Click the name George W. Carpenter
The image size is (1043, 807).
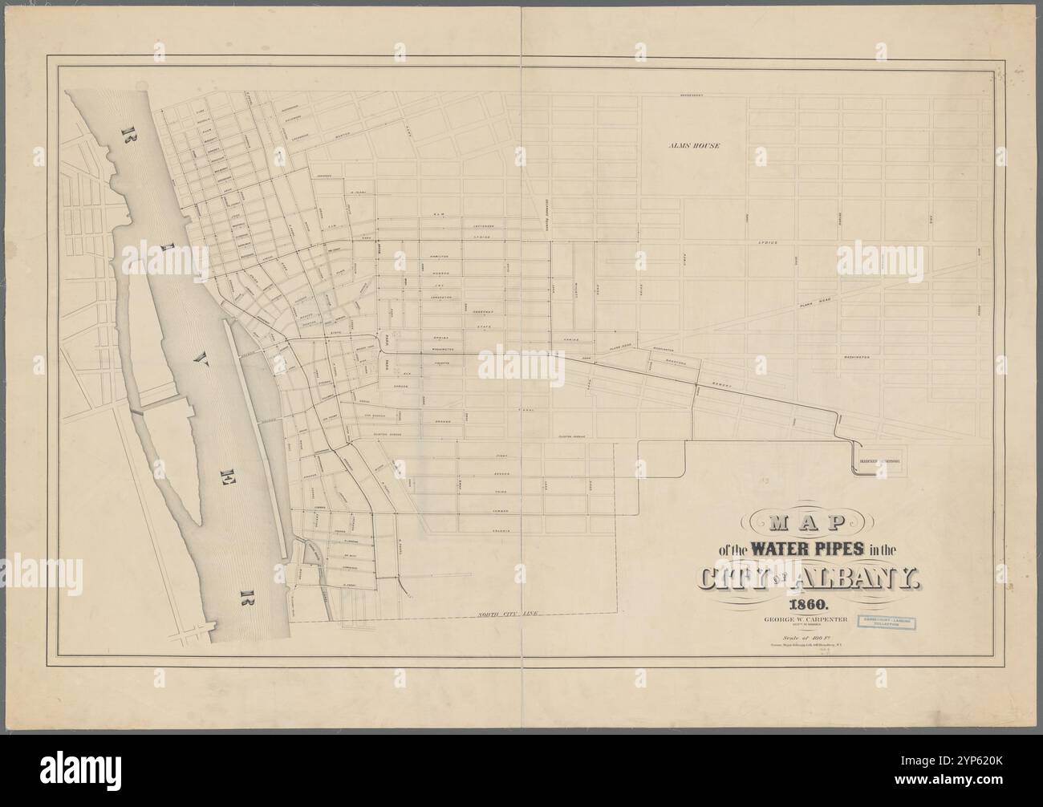pyautogui.click(x=800, y=619)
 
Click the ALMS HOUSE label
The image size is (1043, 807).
pyautogui.click(x=695, y=147)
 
